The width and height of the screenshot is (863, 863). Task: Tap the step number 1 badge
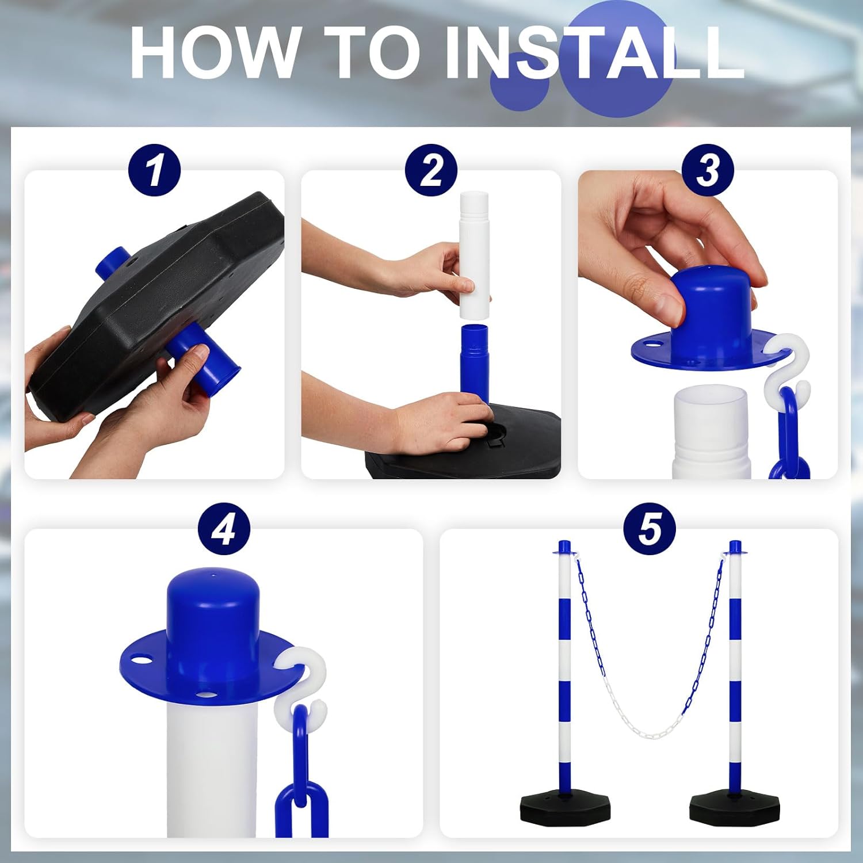click(x=154, y=170)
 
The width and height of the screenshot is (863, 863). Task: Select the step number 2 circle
click(x=431, y=170)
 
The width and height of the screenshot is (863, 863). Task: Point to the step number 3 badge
click(x=708, y=170)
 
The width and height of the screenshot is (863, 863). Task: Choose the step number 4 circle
click(x=224, y=529)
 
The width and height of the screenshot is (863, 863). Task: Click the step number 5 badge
click(x=650, y=529)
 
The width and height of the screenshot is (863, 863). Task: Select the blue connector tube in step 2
click(x=473, y=360)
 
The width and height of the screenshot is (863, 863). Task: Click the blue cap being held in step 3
click(x=713, y=316)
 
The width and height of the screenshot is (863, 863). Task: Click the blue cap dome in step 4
click(x=213, y=610)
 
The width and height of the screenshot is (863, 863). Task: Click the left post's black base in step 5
click(x=564, y=808)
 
